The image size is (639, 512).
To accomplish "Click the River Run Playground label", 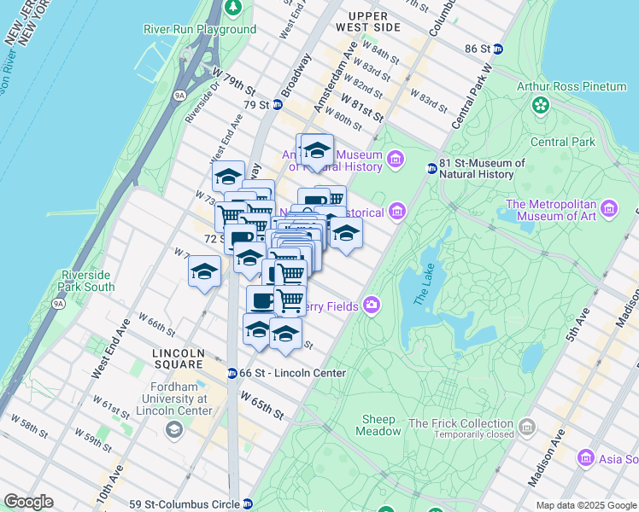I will (x=199, y=29).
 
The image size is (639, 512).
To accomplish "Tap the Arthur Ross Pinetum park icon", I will (x=540, y=105).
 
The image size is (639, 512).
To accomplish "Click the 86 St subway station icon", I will (x=498, y=49).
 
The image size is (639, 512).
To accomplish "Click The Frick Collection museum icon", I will (x=527, y=426).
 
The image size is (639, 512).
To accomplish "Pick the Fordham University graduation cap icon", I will (x=174, y=428).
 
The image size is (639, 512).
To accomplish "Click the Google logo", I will (x=27, y=502).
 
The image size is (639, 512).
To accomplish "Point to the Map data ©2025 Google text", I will (x=586, y=505).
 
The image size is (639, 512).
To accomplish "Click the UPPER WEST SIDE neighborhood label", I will (x=369, y=21).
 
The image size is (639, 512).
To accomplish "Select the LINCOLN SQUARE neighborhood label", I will (x=178, y=353).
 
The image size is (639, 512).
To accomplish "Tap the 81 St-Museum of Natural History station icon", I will (x=432, y=168).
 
